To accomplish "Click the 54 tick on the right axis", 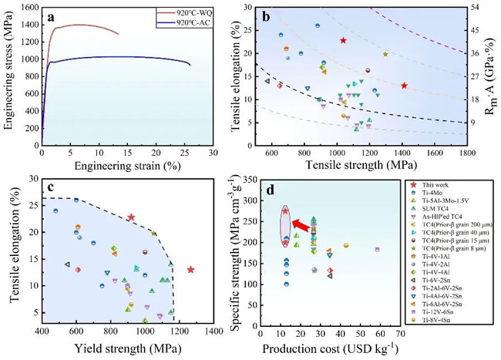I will pyautogui.click(x=475, y=7).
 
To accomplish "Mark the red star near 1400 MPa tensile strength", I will pyautogui.click(x=404, y=86).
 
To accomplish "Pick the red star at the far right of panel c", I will pyautogui.click(x=190, y=270).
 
